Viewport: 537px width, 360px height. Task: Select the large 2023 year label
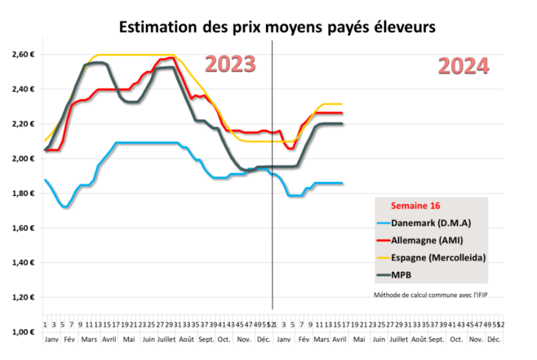click(230, 64)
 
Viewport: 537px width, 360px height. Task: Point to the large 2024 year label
click(463, 66)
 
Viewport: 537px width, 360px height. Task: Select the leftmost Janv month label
click(51, 340)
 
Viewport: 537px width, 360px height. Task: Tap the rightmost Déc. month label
click(494, 340)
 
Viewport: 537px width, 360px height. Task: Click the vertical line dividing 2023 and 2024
click(272, 196)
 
